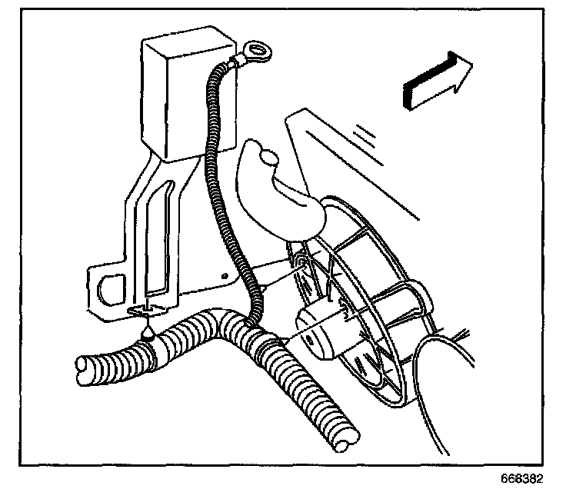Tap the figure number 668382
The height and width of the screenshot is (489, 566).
coord(521,479)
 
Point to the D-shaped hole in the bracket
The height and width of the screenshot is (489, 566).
coord(112,289)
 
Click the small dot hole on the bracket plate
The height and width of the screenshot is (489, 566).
coord(225,276)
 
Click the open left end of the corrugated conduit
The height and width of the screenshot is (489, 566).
coord(85,370)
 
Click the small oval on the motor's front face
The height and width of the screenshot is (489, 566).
coord(309,339)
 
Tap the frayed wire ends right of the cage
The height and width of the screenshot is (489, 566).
coord(462,334)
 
